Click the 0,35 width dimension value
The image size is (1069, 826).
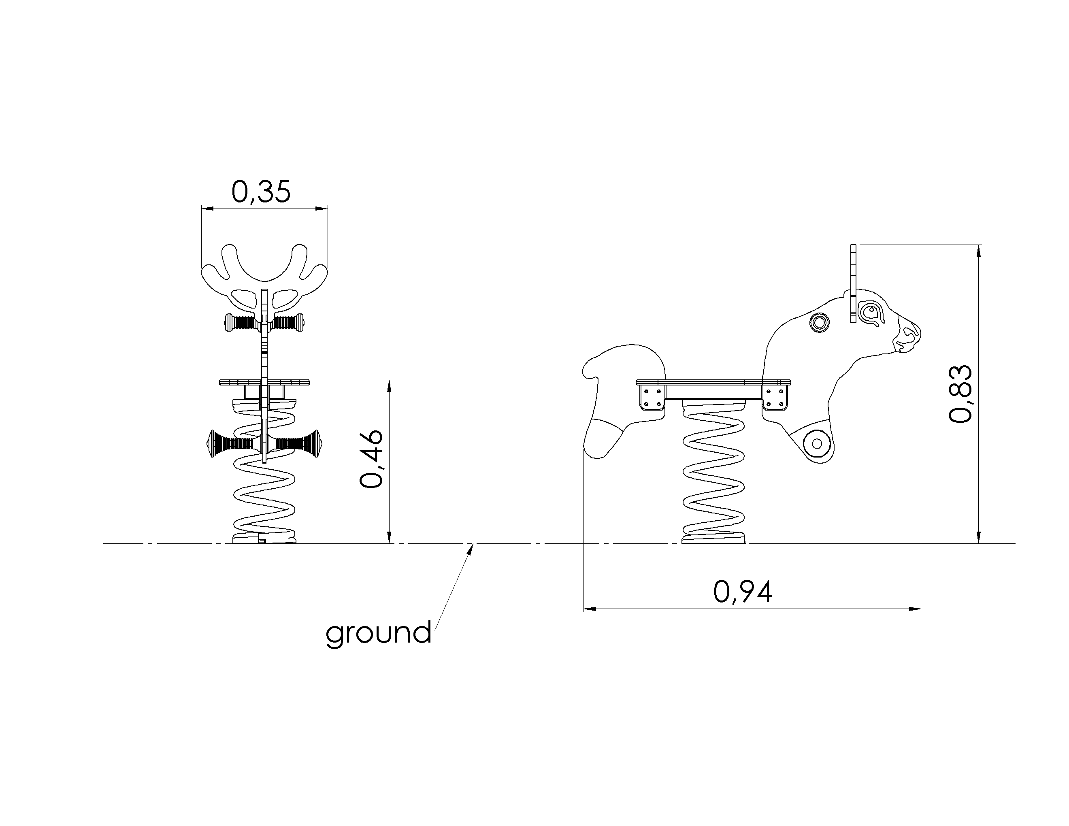[261, 192]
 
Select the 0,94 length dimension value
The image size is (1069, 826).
[743, 592]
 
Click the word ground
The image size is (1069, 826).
[378, 634]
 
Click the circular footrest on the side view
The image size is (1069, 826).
[817, 443]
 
